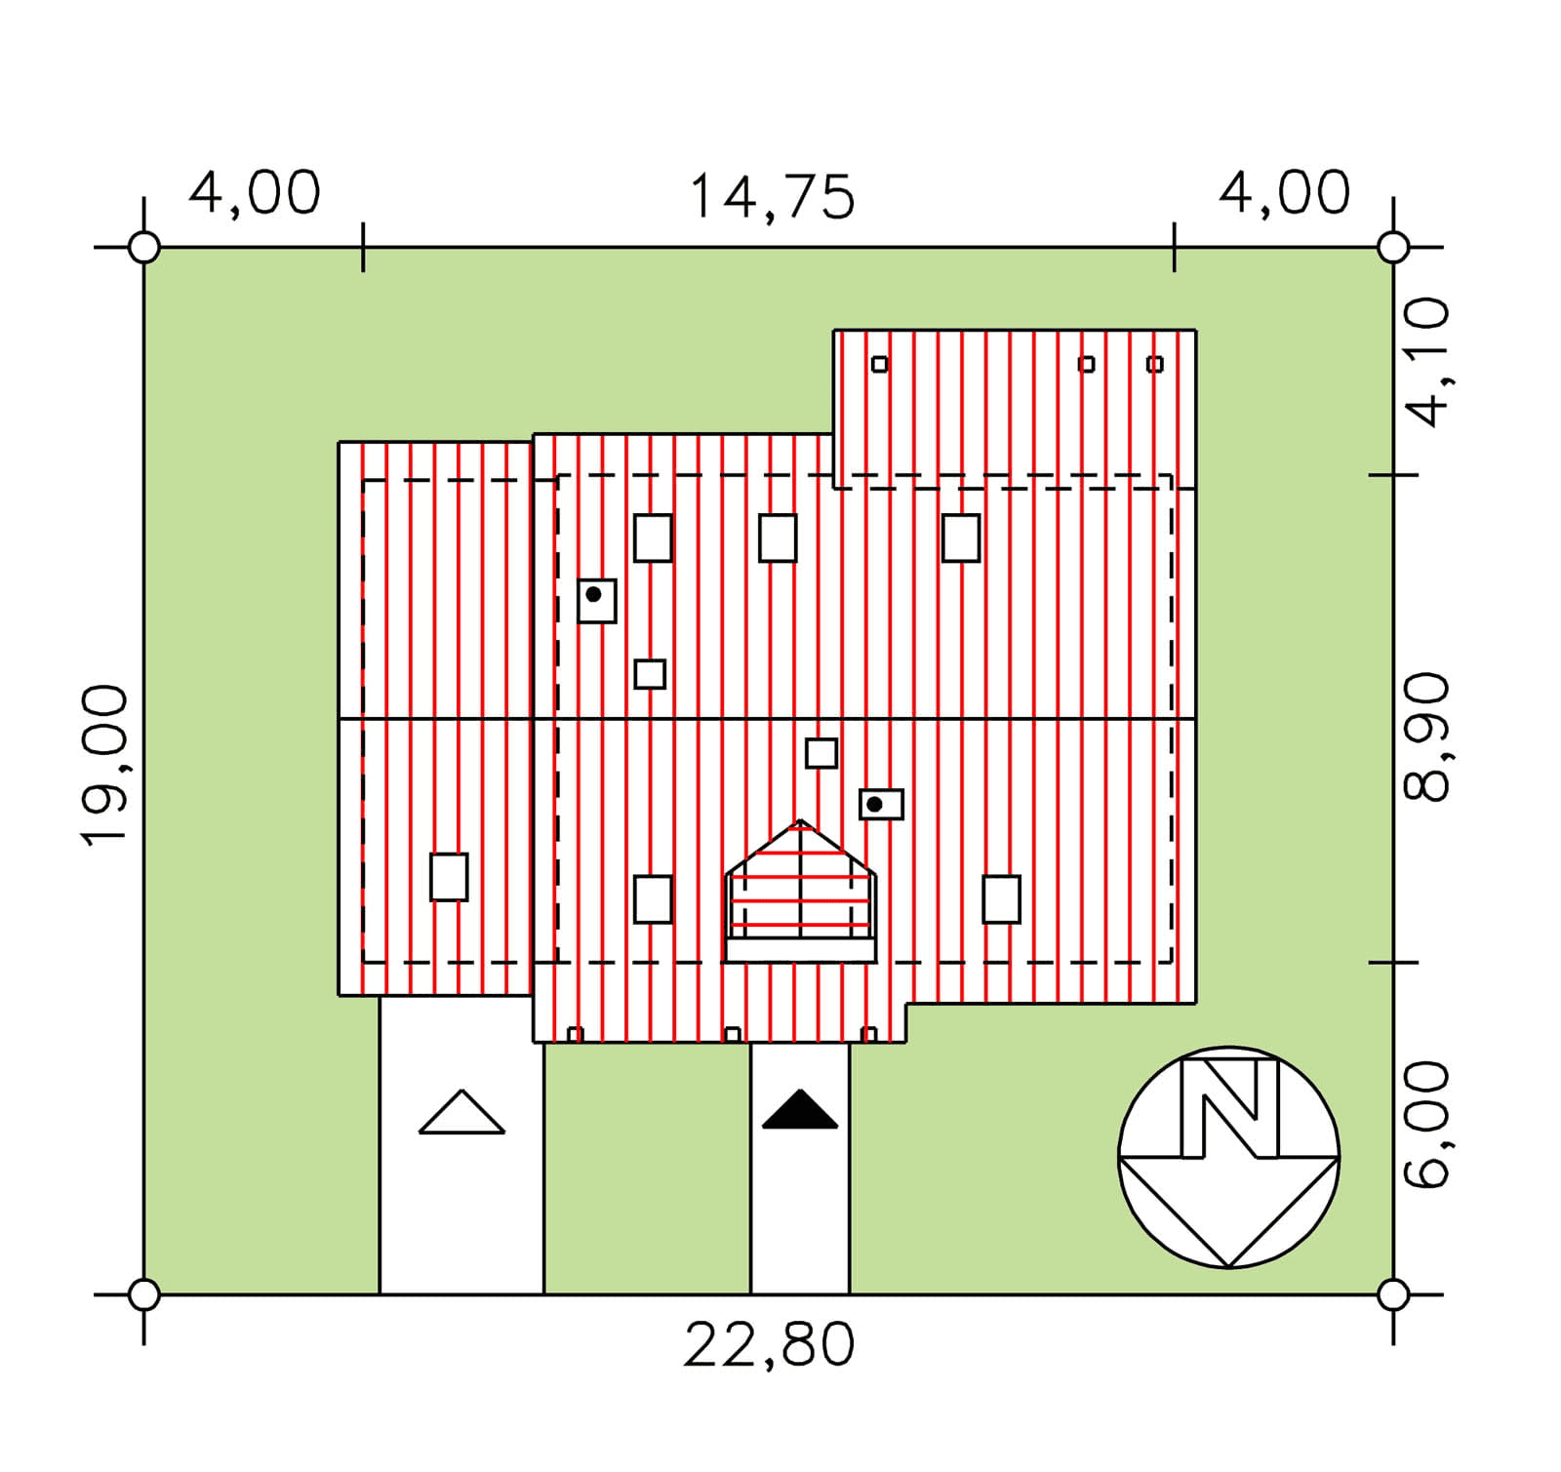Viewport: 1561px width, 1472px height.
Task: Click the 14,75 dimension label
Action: [772, 197]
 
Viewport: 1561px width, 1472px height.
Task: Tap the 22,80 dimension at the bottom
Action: [769, 1345]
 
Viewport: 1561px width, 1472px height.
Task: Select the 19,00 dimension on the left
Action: [104, 765]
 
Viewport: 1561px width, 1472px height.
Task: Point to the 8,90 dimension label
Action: [1426, 736]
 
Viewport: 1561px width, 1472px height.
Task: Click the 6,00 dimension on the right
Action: [1426, 1125]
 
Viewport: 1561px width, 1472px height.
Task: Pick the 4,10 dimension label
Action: [1426, 363]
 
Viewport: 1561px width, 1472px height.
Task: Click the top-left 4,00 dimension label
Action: [255, 192]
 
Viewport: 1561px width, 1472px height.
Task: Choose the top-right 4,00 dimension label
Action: [1285, 192]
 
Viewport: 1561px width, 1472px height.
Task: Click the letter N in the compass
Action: [1229, 1107]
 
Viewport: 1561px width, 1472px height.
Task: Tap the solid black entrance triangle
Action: [800, 1112]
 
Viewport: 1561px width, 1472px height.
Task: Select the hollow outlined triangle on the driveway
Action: [461, 1115]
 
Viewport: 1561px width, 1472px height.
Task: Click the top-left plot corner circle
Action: [144, 248]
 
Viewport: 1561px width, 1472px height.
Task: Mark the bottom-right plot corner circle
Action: [1393, 1295]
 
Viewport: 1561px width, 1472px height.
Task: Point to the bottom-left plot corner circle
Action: [144, 1295]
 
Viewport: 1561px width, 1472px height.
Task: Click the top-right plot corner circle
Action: [1393, 248]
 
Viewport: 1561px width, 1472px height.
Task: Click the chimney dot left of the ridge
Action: [593, 594]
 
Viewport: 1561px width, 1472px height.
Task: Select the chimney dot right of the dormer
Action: [875, 804]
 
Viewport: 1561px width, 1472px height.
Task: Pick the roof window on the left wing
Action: [449, 877]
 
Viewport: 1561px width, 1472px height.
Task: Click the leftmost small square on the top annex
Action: [880, 364]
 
